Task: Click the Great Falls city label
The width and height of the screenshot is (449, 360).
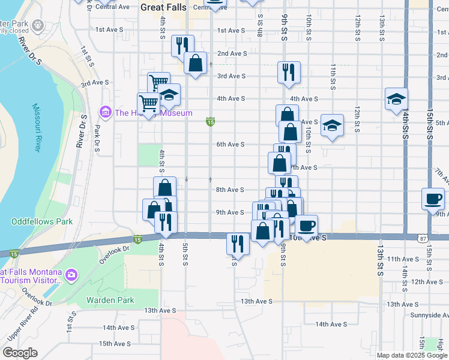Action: (163, 8)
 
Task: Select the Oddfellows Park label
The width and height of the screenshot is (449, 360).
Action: (42, 221)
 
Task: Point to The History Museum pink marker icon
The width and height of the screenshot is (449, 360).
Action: (106, 112)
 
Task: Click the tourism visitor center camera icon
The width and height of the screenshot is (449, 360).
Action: (72, 275)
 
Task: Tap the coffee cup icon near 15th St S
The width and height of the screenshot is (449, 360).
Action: (433, 199)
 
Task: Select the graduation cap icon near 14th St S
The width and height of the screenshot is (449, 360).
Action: (397, 98)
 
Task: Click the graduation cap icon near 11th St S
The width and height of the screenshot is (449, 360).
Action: (331, 125)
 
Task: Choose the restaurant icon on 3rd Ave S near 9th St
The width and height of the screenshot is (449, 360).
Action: (289, 72)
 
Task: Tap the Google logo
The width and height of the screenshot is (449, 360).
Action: (20, 353)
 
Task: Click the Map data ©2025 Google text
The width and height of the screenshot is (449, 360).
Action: (412, 355)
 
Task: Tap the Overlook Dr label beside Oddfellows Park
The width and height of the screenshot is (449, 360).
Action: (115, 248)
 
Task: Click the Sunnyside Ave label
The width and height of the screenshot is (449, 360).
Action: (429, 314)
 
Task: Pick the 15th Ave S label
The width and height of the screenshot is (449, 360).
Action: (115, 344)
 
